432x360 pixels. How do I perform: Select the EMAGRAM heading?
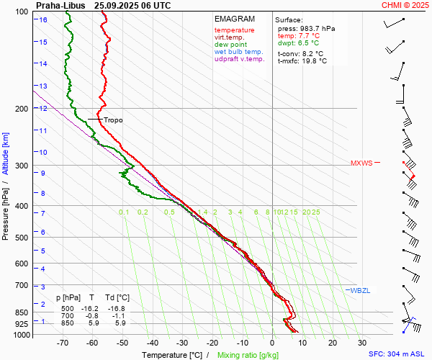235,19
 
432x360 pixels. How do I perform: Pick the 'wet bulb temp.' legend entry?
238,52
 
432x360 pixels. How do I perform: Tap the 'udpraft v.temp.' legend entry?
240,60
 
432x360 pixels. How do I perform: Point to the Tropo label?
113,120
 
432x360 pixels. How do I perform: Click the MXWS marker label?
361,163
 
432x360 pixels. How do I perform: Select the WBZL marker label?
360,290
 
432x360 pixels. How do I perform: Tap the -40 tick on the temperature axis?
153,343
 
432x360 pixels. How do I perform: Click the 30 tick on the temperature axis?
361,343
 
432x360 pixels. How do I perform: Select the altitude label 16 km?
43,20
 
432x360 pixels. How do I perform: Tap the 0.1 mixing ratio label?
124,212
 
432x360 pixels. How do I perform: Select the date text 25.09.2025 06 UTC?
132,5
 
